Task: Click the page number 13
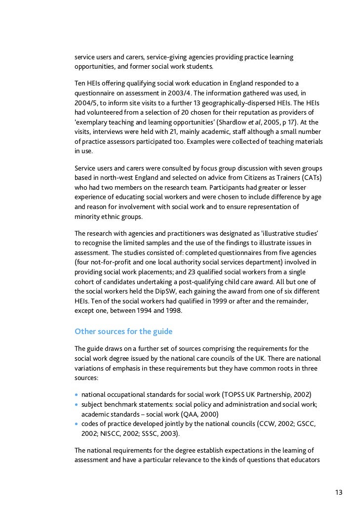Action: coord(338,492)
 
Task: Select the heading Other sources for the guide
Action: coord(123,331)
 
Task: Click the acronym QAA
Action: coord(188,414)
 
